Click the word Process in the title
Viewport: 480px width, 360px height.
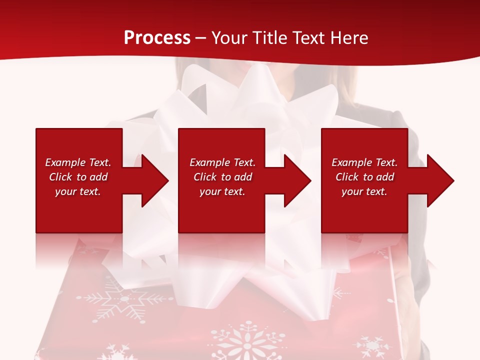tap(157, 38)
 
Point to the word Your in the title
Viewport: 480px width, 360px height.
tap(229, 38)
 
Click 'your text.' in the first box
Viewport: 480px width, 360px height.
tap(78, 191)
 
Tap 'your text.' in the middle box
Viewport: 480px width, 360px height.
tap(222, 191)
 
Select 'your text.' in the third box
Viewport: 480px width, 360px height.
tap(364, 191)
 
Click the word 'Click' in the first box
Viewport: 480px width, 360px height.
tap(60, 177)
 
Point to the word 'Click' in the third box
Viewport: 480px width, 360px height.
tap(347, 177)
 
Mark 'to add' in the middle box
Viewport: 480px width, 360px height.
tap(236, 177)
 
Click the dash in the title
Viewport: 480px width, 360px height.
tap(201, 38)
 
